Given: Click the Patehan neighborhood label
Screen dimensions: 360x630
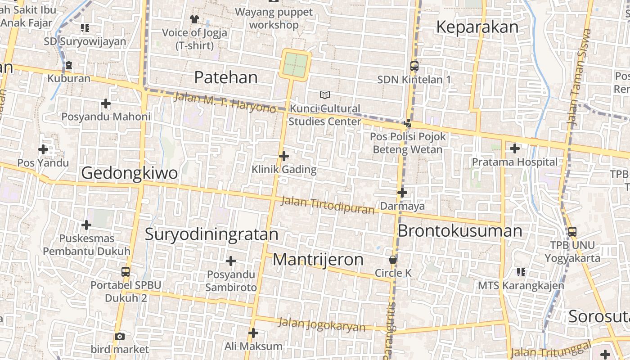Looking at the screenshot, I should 226,77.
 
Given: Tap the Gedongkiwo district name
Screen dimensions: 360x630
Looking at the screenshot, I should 129,173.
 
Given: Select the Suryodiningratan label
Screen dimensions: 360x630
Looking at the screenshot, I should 211,234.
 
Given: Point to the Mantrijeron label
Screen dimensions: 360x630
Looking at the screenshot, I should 318,260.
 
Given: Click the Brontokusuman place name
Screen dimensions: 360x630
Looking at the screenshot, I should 459,231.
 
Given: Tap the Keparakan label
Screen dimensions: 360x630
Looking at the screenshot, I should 477,27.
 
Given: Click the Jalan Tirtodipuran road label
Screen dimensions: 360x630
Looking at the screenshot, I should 328,205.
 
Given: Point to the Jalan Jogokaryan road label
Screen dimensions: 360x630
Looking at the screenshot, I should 322,324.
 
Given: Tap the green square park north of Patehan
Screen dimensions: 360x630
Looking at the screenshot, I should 296,65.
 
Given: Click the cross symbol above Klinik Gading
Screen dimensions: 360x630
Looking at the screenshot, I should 284,156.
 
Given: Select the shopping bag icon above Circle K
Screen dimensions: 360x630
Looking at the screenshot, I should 393,260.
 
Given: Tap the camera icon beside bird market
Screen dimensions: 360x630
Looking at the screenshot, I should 119,336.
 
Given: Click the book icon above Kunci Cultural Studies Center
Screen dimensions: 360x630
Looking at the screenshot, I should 324,95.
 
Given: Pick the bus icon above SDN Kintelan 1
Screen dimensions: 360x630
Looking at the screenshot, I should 414,66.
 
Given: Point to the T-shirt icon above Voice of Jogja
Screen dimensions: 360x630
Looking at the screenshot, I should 194,19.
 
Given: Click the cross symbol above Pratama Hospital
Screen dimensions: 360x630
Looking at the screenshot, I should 515,148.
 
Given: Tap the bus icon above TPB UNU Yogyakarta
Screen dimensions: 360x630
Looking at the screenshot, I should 572,232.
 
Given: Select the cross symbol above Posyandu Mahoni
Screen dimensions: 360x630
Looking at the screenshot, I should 106,103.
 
